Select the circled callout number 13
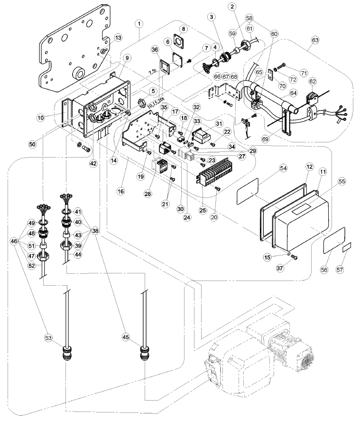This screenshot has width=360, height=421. (x=118, y=38)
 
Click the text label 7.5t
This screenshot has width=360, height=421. (x=152, y=73)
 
